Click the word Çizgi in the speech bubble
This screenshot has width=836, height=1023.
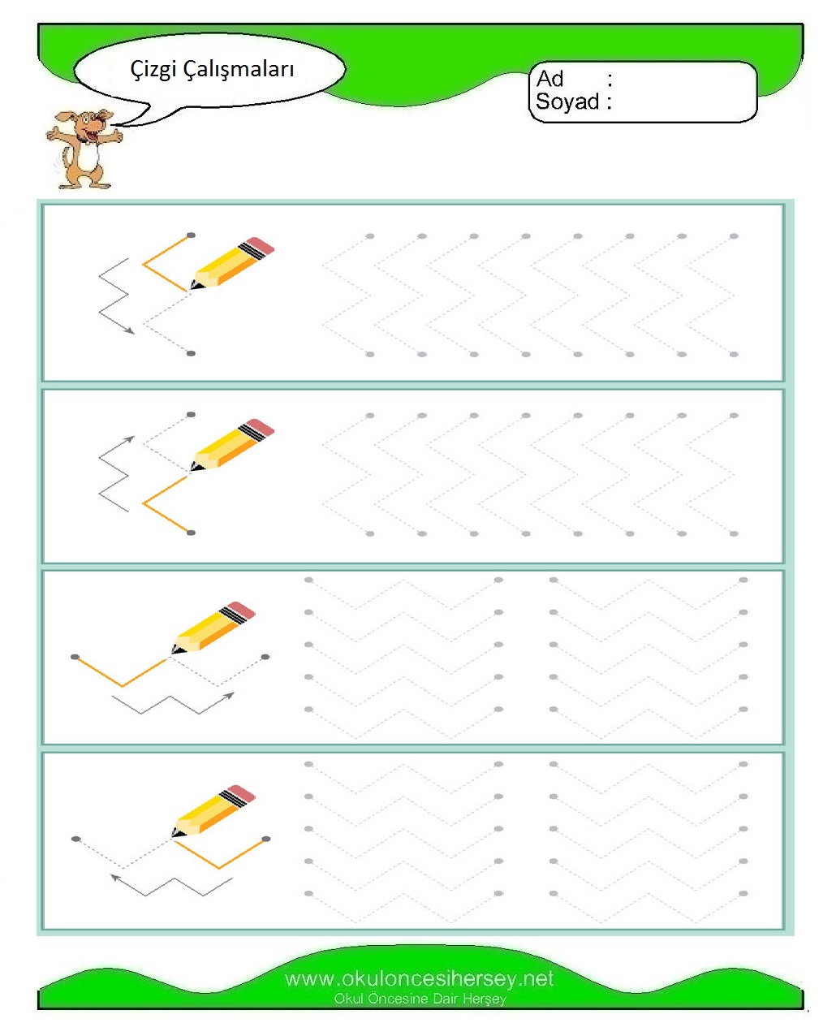153,69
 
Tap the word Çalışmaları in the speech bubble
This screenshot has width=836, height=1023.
238,68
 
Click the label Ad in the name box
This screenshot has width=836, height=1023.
549,79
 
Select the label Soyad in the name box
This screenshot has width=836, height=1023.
567,101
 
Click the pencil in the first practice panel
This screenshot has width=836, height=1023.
232,263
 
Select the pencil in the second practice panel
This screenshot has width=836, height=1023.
232,445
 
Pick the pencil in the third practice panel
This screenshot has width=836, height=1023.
213,628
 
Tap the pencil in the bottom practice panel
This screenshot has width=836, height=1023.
213,810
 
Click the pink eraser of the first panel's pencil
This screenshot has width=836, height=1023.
261,245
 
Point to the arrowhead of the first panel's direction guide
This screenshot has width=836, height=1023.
130,330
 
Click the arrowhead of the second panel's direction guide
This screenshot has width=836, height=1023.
130,439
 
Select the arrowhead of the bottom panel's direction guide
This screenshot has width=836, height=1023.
115,877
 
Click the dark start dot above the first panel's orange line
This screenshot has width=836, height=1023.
191,235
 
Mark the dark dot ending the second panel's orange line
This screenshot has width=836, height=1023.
191,533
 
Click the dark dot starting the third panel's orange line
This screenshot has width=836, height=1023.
75,657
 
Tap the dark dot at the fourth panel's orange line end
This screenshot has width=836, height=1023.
265,839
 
